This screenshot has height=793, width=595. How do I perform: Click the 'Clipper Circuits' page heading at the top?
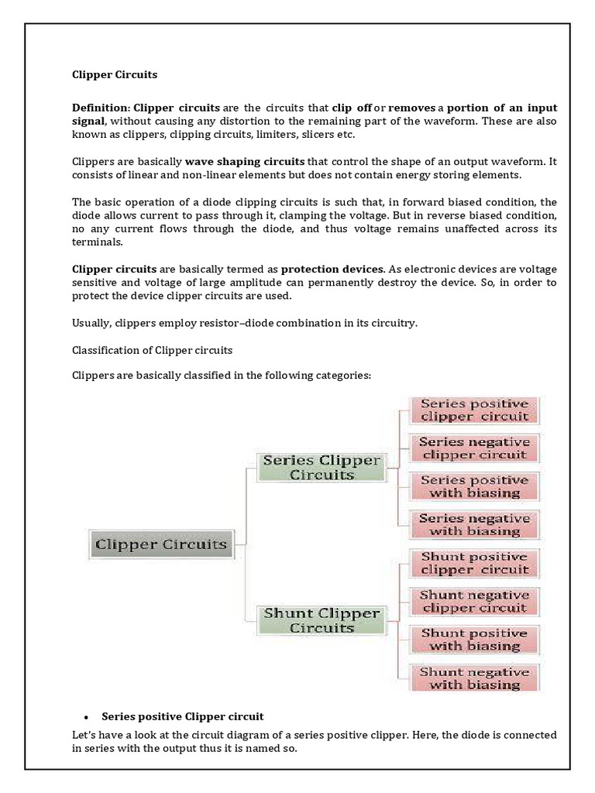pos(115,75)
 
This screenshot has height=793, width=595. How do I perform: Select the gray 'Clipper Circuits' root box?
pos(161,544)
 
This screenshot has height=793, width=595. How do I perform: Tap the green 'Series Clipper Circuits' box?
pos(322,468)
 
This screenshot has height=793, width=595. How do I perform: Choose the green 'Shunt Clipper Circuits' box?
pos(322,620)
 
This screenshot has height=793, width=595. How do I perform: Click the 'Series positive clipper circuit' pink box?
pos(474,410)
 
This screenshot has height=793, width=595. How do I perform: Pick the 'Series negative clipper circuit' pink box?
pos(474,448)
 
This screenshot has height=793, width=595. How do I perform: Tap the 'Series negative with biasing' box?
pos(474,525)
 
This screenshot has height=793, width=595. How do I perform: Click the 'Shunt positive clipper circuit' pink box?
pos(474,563)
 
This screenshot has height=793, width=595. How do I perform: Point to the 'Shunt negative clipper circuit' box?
pos(474,602)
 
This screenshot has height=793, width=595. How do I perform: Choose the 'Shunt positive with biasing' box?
pos(474,640)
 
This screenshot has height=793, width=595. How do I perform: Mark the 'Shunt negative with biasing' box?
pos(474,678)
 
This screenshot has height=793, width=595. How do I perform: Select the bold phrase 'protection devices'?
pos(332,269)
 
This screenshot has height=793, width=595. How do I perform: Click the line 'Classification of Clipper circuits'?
pos(152,350)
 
